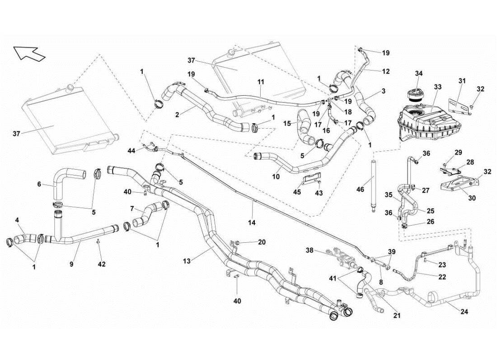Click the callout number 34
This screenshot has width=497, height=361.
tap(419, 74)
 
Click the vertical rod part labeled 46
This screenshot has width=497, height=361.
tap(374, 185)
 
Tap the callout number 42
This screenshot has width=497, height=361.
tap(102, 264)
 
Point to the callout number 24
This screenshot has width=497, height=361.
tap(464, 311)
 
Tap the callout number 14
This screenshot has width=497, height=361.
tap(252, 222)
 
